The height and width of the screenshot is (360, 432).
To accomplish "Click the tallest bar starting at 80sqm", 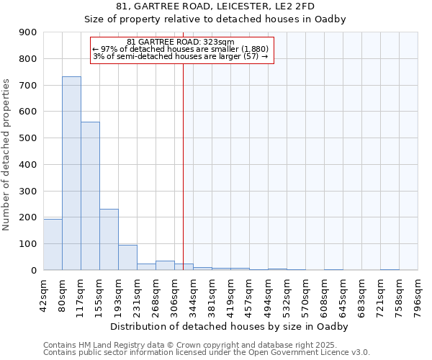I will pyautogui.click(x=71, y=173).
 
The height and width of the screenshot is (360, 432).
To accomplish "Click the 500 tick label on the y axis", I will pyautogui.click(x=28, y=138).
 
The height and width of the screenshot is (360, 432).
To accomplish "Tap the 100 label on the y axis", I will pyautogui.click(x=28, y=244).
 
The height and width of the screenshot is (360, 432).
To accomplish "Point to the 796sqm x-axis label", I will pyautogui.click(x=419, y=294).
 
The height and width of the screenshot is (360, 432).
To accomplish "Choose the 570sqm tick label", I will pyautogui.click(x=307, y=294).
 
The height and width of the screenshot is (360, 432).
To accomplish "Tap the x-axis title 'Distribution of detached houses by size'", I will pyautogui.click(x=230, y=326).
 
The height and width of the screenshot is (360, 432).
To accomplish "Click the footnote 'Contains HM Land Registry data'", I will pyautogui.click(x=191, y=346).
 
